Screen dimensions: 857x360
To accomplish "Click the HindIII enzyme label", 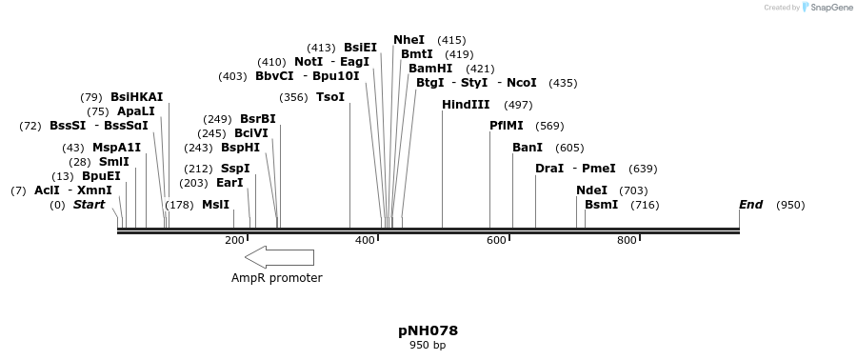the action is coord(466,105).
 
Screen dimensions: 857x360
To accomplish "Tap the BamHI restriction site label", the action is coord(430,69).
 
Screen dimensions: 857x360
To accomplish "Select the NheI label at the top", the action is coord(409,40).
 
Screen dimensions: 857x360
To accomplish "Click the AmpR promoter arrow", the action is coord(279,257).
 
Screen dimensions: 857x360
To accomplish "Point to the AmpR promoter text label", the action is coord(277,278).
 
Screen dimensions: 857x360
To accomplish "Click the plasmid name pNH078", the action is coord(428,330).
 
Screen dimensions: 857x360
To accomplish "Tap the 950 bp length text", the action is coord(428,345).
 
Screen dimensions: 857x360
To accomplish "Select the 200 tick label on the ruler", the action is coord(234,241).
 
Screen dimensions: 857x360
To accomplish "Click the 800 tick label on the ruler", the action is coord(627,241).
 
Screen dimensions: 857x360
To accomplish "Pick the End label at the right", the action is coord(750,205).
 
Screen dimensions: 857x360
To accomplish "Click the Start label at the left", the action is coord(89,205).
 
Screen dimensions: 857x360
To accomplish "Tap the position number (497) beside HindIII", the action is coord(518,105).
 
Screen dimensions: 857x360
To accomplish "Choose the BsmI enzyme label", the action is coord(601,205).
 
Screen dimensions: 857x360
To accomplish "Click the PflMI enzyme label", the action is coord(507,126).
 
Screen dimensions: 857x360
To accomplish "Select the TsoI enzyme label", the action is coord(330,97).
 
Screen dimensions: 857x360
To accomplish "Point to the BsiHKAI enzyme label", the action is coord(136,97).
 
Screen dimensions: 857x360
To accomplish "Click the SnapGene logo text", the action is coord(832,8).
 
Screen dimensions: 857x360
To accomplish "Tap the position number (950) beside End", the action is coord(790,205).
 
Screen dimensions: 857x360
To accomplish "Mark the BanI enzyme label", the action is coord(528,148).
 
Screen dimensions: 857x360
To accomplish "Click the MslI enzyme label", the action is coord(215,205).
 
